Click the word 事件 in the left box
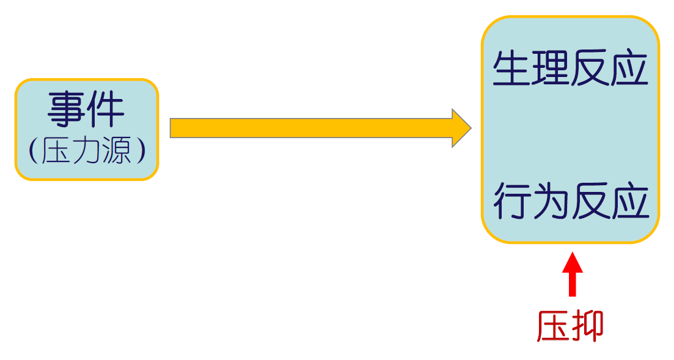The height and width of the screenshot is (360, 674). coord(86,110)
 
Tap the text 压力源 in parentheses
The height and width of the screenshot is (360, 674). coord(87,150)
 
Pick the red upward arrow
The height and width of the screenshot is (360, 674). coord(572,274)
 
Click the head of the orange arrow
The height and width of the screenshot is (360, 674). coord(461,128)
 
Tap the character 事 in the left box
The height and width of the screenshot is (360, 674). coord(67,110)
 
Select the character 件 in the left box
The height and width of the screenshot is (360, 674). coord(106,110)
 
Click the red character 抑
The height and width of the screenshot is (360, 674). coord(588,326)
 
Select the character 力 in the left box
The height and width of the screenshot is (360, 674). coord(86,150)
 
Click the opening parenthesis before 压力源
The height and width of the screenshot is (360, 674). coord(33,151)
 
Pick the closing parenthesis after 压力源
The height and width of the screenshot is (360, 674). coord(141,151)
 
